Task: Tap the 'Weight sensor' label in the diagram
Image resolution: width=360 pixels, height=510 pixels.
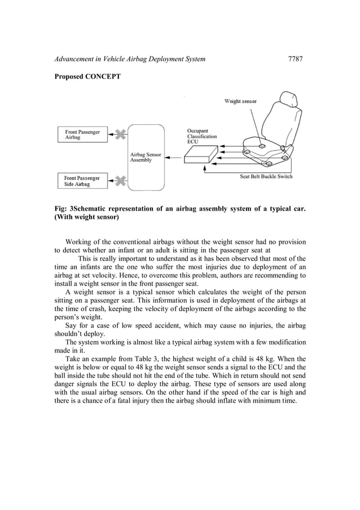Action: [240, 102]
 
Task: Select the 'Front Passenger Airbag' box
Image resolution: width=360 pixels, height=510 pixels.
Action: [82, 134]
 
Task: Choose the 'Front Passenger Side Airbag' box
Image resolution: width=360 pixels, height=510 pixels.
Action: [82, 181]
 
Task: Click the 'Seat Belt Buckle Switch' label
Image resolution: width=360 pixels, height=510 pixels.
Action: [266, 176]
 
